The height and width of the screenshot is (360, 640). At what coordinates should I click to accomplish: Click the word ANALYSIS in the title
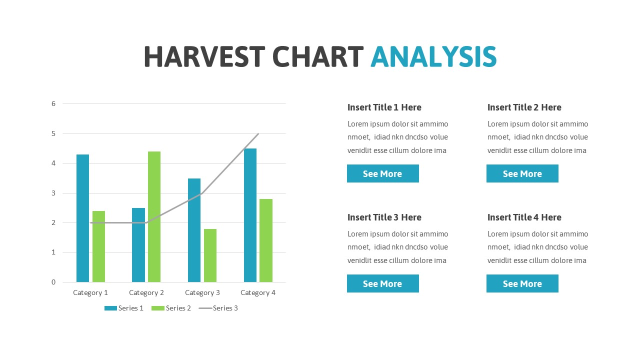click(x=433, y=56)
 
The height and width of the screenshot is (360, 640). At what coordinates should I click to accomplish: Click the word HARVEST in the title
click(x=204, y=56)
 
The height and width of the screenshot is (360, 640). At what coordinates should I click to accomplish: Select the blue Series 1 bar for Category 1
click(x=82, y=218)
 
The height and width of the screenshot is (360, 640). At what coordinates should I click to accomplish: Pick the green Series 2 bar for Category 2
click(x=154, y=216)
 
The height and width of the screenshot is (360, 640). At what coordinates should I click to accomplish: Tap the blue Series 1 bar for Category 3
click(x=194, y=230)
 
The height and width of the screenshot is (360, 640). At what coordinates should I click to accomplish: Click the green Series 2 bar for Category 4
click(x=266, y=240)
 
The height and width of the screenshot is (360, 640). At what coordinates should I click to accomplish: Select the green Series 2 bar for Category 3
click(x=210, y=255)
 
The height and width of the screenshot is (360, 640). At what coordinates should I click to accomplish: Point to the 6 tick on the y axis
click(x=53, y=103)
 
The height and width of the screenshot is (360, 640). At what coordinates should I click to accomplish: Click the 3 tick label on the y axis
click(x=53, y=193)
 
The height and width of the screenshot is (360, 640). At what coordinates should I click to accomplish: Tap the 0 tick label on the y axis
click(x=53, y=282)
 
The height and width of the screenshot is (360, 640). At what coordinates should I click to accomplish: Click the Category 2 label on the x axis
click(x=146, y=292)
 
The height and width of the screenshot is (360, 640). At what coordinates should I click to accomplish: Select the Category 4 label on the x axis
click(x=258, y=292)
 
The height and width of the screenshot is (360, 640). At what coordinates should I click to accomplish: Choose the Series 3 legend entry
click(x=218, y=308)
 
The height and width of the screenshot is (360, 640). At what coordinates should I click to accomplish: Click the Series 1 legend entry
click(x=124, y=308)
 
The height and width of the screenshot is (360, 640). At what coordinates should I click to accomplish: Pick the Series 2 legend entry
click(x=171, y=308)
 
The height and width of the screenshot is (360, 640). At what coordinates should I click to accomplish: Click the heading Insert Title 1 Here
click(x=384, y=107)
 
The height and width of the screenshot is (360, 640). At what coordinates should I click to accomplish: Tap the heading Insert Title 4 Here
click(x=524, y=217)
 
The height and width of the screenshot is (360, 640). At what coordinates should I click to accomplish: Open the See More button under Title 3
click(x=382, y=283)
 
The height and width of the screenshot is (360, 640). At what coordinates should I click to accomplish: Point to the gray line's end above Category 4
click(x=258, y=134)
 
